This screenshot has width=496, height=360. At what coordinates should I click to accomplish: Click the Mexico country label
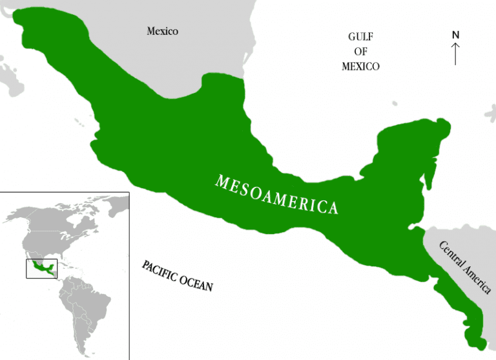162,31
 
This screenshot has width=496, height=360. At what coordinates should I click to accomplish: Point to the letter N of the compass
455,34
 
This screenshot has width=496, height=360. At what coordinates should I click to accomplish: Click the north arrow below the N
455,53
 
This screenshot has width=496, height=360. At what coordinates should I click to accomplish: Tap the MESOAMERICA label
276,195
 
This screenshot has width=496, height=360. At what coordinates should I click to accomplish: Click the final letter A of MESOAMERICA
333,209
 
